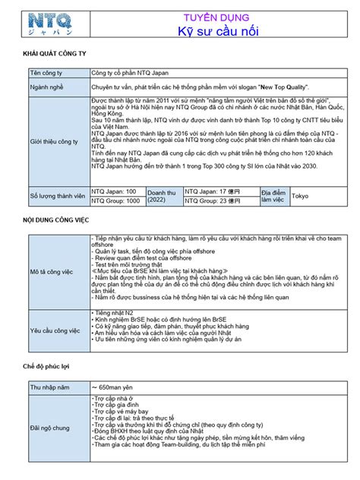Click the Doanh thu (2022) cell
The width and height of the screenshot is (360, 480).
[162, 196]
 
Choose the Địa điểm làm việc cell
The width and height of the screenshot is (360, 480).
[272, 196]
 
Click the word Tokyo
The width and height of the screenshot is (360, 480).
[301, 196]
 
